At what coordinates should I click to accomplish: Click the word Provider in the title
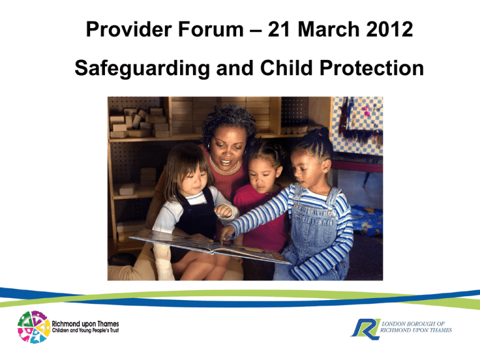[x=129, y=29]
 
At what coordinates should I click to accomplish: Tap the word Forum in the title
[x=211, y=29]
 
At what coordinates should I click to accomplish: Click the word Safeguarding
[x=142, y=69]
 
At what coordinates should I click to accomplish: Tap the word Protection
[x=372, y=68]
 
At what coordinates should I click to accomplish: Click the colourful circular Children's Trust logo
[x=34, y=327]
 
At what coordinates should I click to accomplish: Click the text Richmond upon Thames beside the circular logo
[x=86, y=324]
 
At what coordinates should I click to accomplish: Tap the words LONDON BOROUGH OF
[x=413, y=324]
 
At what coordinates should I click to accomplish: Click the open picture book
[x=210, y=246]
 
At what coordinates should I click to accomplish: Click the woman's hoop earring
[x=209, y=146]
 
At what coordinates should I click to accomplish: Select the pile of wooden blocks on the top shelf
[x=139, y=122]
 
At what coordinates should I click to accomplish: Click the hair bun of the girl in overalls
[x=324, y=132]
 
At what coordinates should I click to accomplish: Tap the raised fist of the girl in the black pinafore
[x=223, y=211]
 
